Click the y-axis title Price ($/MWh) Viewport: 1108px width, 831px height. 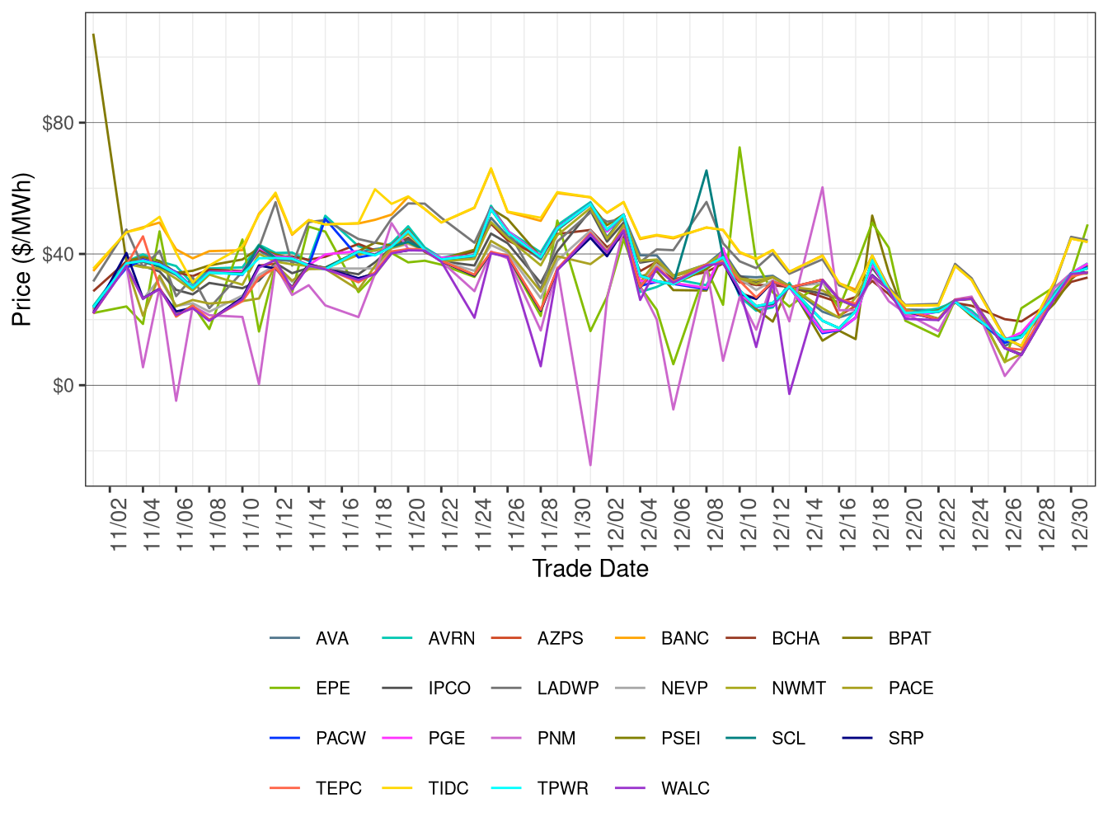pyautogui.click(x=21, y=249)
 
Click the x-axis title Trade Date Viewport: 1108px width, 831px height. pyautogui.click(x=589, y=569)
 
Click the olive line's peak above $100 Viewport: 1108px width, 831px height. pyautogui.click(x=94, y=35)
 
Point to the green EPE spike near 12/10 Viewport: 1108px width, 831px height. pyautogui.click(x=739, y=148)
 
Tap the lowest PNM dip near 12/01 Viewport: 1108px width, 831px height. pyautogui.click(x=590, y=465)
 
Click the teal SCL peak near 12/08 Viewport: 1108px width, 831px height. pyautogui.click(x=707, y=171)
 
